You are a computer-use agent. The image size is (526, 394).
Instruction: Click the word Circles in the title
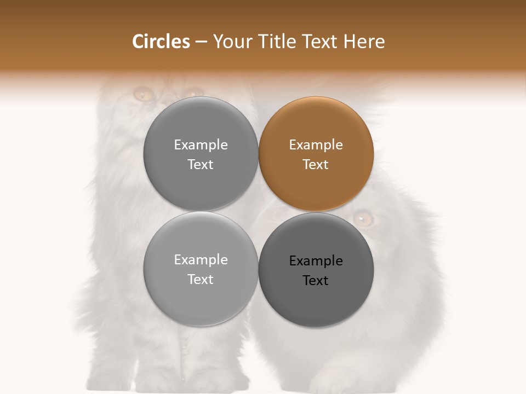(x=161, y=42)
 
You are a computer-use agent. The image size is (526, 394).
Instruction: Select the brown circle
(x=316, y=154)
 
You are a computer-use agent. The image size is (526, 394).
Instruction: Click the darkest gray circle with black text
(x=316, y=270)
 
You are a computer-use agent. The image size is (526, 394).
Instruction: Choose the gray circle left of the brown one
(x=201, y=154)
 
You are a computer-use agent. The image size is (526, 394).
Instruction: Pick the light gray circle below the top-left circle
(x=201, y=269)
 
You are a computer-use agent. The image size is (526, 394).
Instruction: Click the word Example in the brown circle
(x=316, y=144)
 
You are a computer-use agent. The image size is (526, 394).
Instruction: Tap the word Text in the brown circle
(x=316, y=164)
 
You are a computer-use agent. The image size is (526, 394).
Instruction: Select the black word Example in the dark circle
(x=316, y=260)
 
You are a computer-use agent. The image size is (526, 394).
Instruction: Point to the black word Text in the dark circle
(x=316, y=280)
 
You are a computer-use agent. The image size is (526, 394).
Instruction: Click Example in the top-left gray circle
(x=201, y=144)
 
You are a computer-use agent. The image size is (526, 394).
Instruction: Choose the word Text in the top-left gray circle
(x=201, y=164)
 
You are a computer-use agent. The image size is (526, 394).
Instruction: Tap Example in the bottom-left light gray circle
(x=201, y=259)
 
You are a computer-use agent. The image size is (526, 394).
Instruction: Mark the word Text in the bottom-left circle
(x=201, y=279)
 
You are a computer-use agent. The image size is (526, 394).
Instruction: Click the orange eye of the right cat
(x=363, y=219)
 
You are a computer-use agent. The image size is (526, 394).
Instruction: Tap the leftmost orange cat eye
(x=144, y=95)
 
